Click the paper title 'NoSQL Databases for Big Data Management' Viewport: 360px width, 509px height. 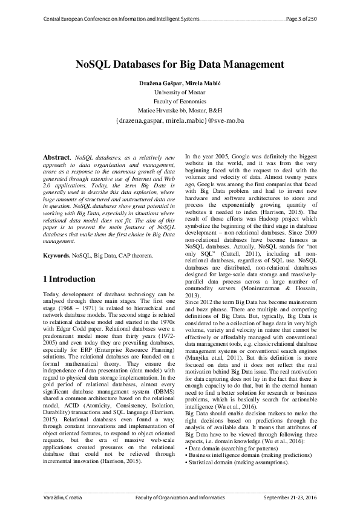180,63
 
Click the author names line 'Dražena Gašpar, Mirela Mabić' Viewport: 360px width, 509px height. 180,82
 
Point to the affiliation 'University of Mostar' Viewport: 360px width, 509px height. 180,92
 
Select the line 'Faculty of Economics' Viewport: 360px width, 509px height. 180,102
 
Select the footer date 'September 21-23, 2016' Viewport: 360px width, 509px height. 290,496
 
